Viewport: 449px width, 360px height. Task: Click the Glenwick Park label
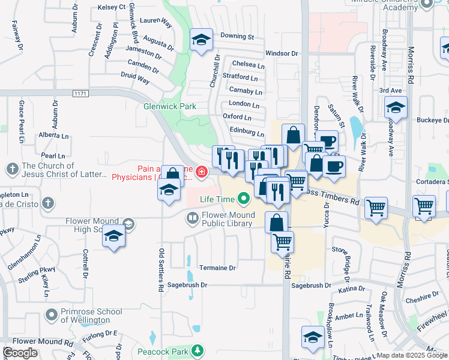[x=170, y=106]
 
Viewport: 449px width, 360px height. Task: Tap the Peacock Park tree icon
[x=197, y=350]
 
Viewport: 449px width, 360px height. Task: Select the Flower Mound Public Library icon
[x=192, y=219]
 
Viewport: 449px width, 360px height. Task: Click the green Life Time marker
[x=243, y=198]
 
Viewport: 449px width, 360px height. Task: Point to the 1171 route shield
[x=80, y=94]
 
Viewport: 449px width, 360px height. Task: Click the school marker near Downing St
[x=201, y=40]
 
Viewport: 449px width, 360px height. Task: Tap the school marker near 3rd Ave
[x=396, y=108]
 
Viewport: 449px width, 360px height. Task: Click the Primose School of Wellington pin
[x=52, y=314]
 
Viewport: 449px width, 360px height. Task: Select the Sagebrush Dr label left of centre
[x=187, y=285]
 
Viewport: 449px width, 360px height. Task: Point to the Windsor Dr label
[x=282, y=53]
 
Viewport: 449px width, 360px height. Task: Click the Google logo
[x=20, y=353]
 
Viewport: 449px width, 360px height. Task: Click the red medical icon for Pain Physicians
[x=202, y=173]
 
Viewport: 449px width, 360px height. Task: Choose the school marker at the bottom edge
[x=313, y=337]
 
